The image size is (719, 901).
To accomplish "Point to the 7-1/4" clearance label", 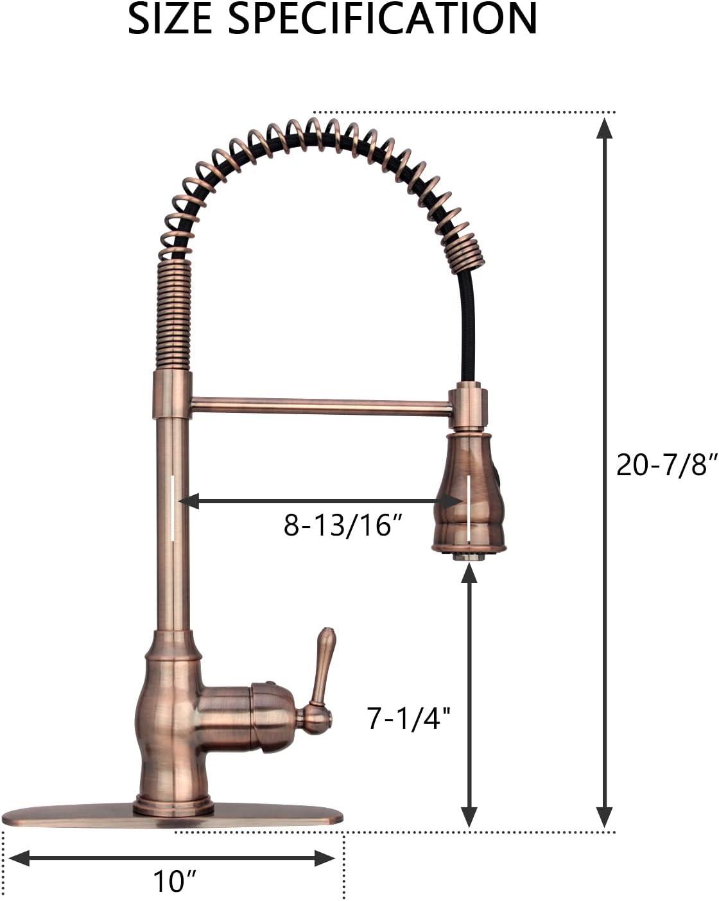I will [406, 719].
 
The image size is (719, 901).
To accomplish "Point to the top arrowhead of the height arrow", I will [603, 127].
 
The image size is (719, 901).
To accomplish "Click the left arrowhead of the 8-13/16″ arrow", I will [189, 501].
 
